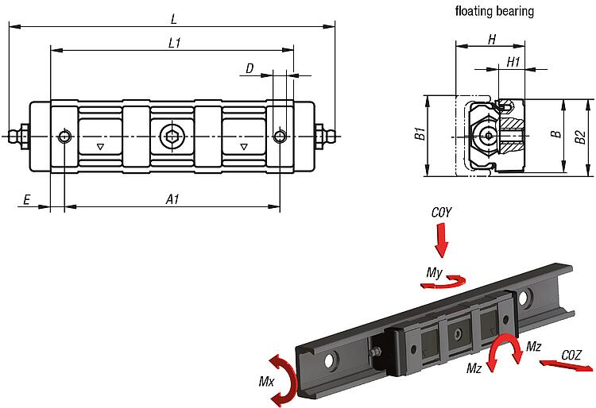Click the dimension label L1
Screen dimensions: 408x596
click(x=174, y=44)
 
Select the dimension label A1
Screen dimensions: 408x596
click(x=172, y=200)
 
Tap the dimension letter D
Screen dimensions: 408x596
click(x=250, y=69)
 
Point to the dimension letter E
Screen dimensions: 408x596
click(x=26, y=200)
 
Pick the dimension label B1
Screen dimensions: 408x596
click(x=420, y=136)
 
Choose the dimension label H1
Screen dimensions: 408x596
click(x=513, y=61)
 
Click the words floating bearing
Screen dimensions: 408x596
click(x=494, y=12)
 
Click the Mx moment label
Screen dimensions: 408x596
click(x=266, y=381)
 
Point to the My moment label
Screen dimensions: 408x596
click(x=434, y=273)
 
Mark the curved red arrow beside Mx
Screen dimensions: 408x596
click(x=285, y=377)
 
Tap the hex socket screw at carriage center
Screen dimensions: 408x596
click(x=172, y=137)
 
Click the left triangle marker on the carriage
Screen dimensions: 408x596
click(x=99, y=148)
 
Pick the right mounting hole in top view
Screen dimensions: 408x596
click(x=279, y=137)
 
